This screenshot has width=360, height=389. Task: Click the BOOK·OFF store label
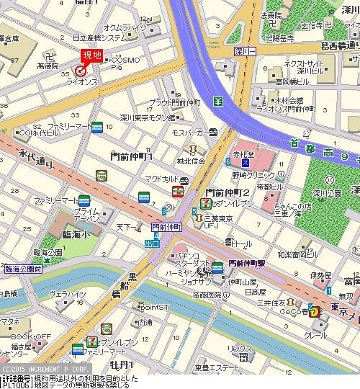(x=31, y=336)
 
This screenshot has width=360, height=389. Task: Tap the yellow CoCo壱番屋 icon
(x=315, y=311)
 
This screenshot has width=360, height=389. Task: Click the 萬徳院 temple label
(x=48, y=66)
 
